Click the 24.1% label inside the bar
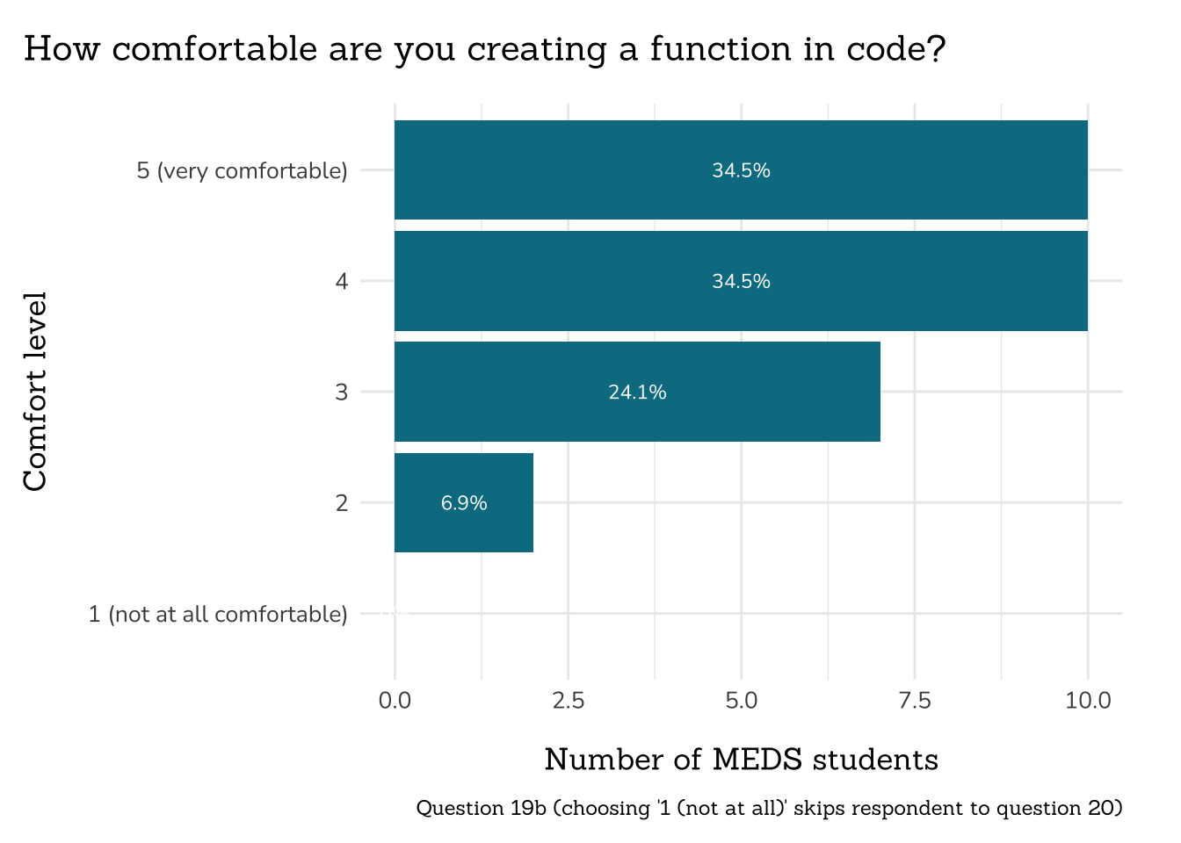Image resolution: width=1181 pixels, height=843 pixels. (x=637, y=393)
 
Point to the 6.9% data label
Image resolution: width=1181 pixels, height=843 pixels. (x=464, y=503)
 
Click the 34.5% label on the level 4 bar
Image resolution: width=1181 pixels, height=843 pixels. (x=741, y=282)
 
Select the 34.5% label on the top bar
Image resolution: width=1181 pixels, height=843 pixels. (x=741, y=170)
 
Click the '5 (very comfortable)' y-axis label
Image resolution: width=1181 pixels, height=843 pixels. (x=242, y=170)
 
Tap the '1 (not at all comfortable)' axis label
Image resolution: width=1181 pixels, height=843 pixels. (x=218, y=614)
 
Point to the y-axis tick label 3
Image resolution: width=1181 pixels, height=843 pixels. (x=341, y=393)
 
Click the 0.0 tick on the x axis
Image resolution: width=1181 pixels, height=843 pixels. (x=395, y=701)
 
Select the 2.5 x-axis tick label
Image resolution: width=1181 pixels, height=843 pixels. (x=568, y=701)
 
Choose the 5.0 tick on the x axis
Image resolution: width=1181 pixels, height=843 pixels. (x=742, y=701)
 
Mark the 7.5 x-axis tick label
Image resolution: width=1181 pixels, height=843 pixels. (x=915, y=701)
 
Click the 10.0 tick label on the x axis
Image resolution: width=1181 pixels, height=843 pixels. (x=1088, y=701)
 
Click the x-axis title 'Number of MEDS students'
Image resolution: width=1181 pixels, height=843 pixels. (x=741, y=760)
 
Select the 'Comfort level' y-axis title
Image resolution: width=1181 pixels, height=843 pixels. (x=35, y=392)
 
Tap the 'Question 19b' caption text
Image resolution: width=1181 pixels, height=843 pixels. (x=481, y=808)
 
